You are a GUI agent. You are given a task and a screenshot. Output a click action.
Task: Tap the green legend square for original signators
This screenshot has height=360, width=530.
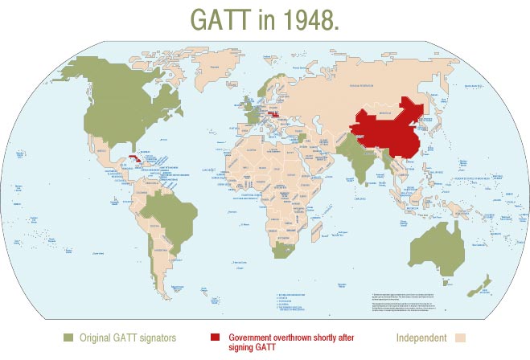click(x=68, y=337)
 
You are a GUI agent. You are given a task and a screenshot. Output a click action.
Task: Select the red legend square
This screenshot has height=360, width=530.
click(x=215, y=337)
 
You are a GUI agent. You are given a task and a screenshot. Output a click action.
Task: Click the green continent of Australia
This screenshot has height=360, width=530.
click(x=438, y=245)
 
